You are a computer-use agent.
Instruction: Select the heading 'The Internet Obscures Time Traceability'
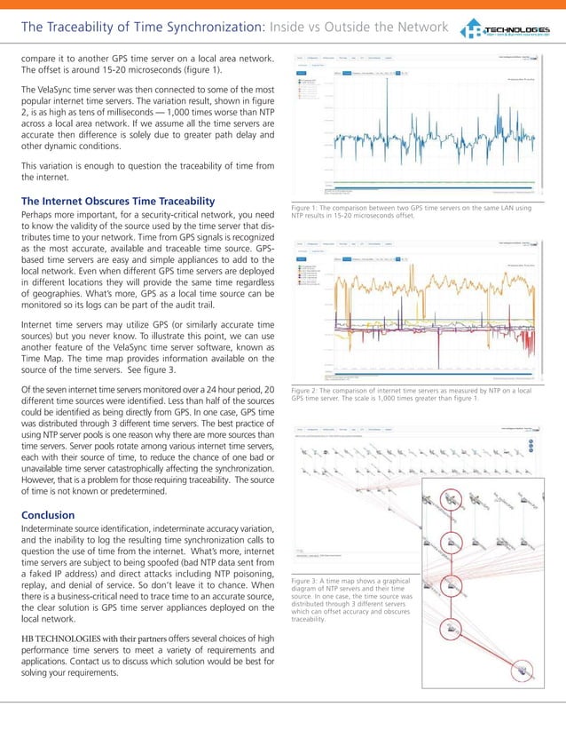121,200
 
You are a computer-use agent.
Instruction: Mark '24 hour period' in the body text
225,392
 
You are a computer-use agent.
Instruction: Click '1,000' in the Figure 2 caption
418,398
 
